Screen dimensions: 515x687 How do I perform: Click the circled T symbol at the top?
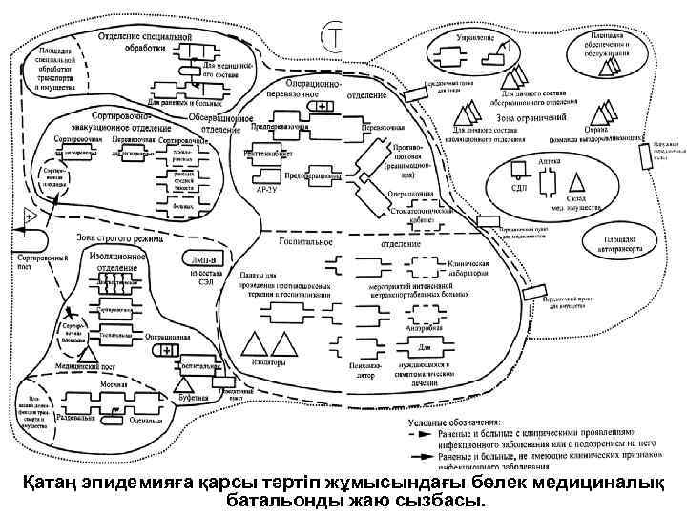pyautogui.click(x=335, y=36)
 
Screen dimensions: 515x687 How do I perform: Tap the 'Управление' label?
pyautogui.click(x=474, y=37)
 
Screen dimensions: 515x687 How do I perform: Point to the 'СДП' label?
pyautogui.click(x=519, y=188)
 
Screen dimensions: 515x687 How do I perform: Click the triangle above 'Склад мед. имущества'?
pyautogui.click(x=576, y=181)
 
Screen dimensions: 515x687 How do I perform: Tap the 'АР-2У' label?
pyautogui.click(x=269, y=191)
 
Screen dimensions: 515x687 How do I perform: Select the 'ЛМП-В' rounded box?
pyautogui.click(x=204, y=260)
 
